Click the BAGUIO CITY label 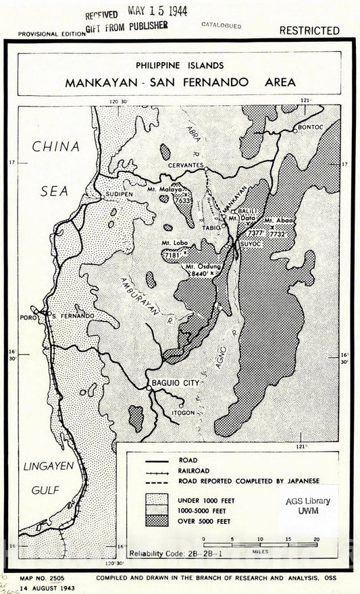pyautogui.click(x=178, y=383)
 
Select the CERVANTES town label pyautogui.click(x=186, y=165)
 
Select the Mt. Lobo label pyautogui.click(x=174, y=242)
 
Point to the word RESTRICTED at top pyautogui.click(x=309, y=30)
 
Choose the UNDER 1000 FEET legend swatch pyautogui.click(x=157, y=500)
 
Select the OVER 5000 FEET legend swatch pyautogui.click(x=157, y=521)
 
